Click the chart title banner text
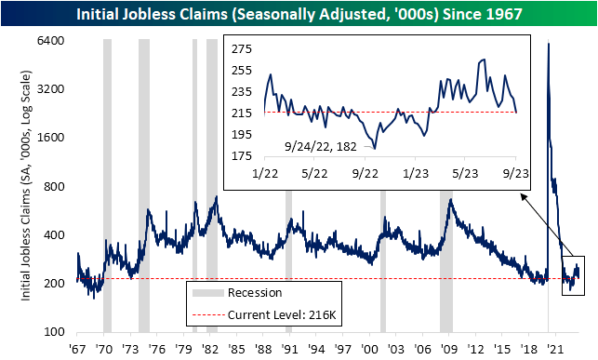[299, 13]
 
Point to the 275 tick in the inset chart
[244, 49]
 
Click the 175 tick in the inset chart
[244, 156]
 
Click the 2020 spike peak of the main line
[549, 44]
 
